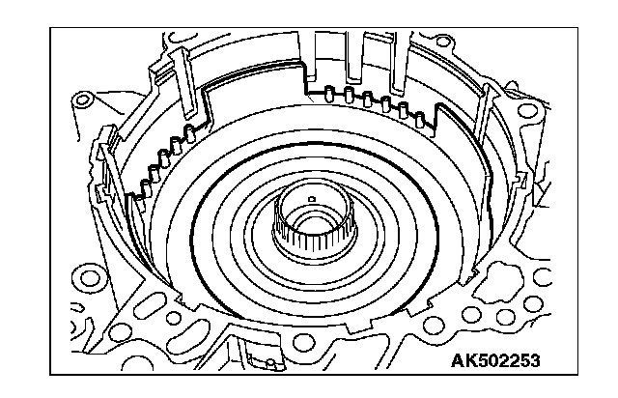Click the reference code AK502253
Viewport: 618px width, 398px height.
(495, 360)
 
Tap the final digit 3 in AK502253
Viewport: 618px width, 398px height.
(534, 360)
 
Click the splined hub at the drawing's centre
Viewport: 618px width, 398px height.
(314, 221)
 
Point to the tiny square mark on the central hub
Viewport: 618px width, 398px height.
(312, 199)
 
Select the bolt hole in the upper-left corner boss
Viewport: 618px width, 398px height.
(82, 99)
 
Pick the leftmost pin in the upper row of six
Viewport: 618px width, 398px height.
(328, 95)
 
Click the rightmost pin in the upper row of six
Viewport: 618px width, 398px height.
(420, 120)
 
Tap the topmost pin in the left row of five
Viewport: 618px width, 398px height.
(190, 133)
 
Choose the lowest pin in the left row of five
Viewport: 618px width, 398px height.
(146, 187)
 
